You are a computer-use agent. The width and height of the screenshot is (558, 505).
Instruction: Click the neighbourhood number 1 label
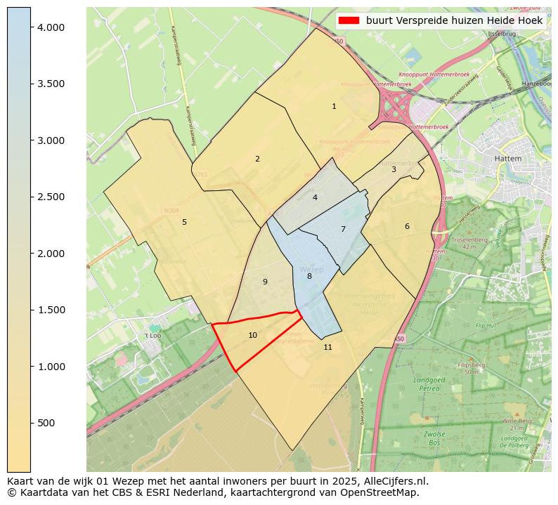coord(334,107)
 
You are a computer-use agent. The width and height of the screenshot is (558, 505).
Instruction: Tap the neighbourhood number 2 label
coord(257,159)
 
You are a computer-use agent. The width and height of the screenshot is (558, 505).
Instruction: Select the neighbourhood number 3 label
coord(394,169)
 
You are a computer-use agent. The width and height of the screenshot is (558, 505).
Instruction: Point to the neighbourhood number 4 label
coord(315,197)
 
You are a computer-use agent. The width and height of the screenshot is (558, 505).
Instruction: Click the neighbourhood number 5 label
coord(184,222)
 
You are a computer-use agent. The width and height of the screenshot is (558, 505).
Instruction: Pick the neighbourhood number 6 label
coord(407,226)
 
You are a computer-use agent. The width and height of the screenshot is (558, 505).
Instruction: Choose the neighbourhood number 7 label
coord(343,229)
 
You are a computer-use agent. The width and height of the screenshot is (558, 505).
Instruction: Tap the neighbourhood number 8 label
coord(309,276)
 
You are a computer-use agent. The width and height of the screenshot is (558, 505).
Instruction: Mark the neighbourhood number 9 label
coord(265,282)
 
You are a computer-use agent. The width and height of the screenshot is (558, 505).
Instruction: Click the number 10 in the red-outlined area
coord(252,335)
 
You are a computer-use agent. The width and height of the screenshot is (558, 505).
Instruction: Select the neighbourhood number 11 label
coord(327,347)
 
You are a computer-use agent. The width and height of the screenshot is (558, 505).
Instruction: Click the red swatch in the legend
coord(349,21)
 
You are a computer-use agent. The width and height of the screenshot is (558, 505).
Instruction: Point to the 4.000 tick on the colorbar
coord(51,27)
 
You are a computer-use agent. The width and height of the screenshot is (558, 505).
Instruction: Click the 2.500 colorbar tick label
coord(51,197)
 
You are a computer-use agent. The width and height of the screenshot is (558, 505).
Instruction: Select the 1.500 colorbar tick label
coord(51,310)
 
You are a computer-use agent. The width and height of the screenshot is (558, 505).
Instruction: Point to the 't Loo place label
coord(153,336)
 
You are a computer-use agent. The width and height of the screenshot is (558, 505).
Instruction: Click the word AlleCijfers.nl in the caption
coord(395,481)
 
